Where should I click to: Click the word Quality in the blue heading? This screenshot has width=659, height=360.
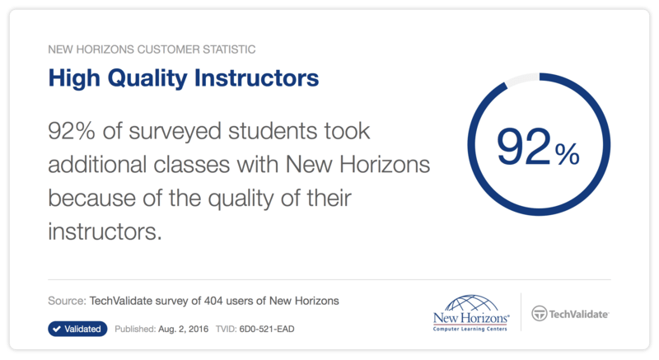tap(147, 78)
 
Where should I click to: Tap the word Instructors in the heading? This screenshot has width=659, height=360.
tap(257, 78)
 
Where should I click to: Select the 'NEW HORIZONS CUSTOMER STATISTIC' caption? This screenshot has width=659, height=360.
tap(152, 49)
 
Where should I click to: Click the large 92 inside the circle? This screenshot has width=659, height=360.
tap(523, 146)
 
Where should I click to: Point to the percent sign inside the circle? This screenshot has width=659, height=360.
tap(567, 154)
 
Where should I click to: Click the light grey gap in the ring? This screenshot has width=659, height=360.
tap(521, 79)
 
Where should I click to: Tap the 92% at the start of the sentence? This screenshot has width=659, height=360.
tap(72, 131)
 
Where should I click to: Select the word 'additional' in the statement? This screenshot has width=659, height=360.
tap(96, 164)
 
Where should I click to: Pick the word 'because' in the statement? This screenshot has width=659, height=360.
tap(91, 198)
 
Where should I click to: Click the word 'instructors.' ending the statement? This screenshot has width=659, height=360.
tap(105, 231)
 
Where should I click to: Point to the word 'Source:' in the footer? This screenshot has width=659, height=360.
tap(67, 301)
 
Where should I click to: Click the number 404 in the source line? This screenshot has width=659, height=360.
tap(213, 301)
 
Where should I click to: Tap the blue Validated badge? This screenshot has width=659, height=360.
tap(77, 329)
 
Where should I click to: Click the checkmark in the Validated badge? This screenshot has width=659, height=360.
tap(57, 329)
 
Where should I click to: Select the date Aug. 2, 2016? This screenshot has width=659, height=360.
tap(183, 329)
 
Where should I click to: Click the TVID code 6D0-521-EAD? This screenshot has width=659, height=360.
tap(267, 329)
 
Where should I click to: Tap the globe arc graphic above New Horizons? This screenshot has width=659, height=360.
tap(471, 303)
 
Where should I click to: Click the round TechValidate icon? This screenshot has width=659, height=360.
tap(540, 313)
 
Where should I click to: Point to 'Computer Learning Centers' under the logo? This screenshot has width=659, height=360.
tap(470, 329)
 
